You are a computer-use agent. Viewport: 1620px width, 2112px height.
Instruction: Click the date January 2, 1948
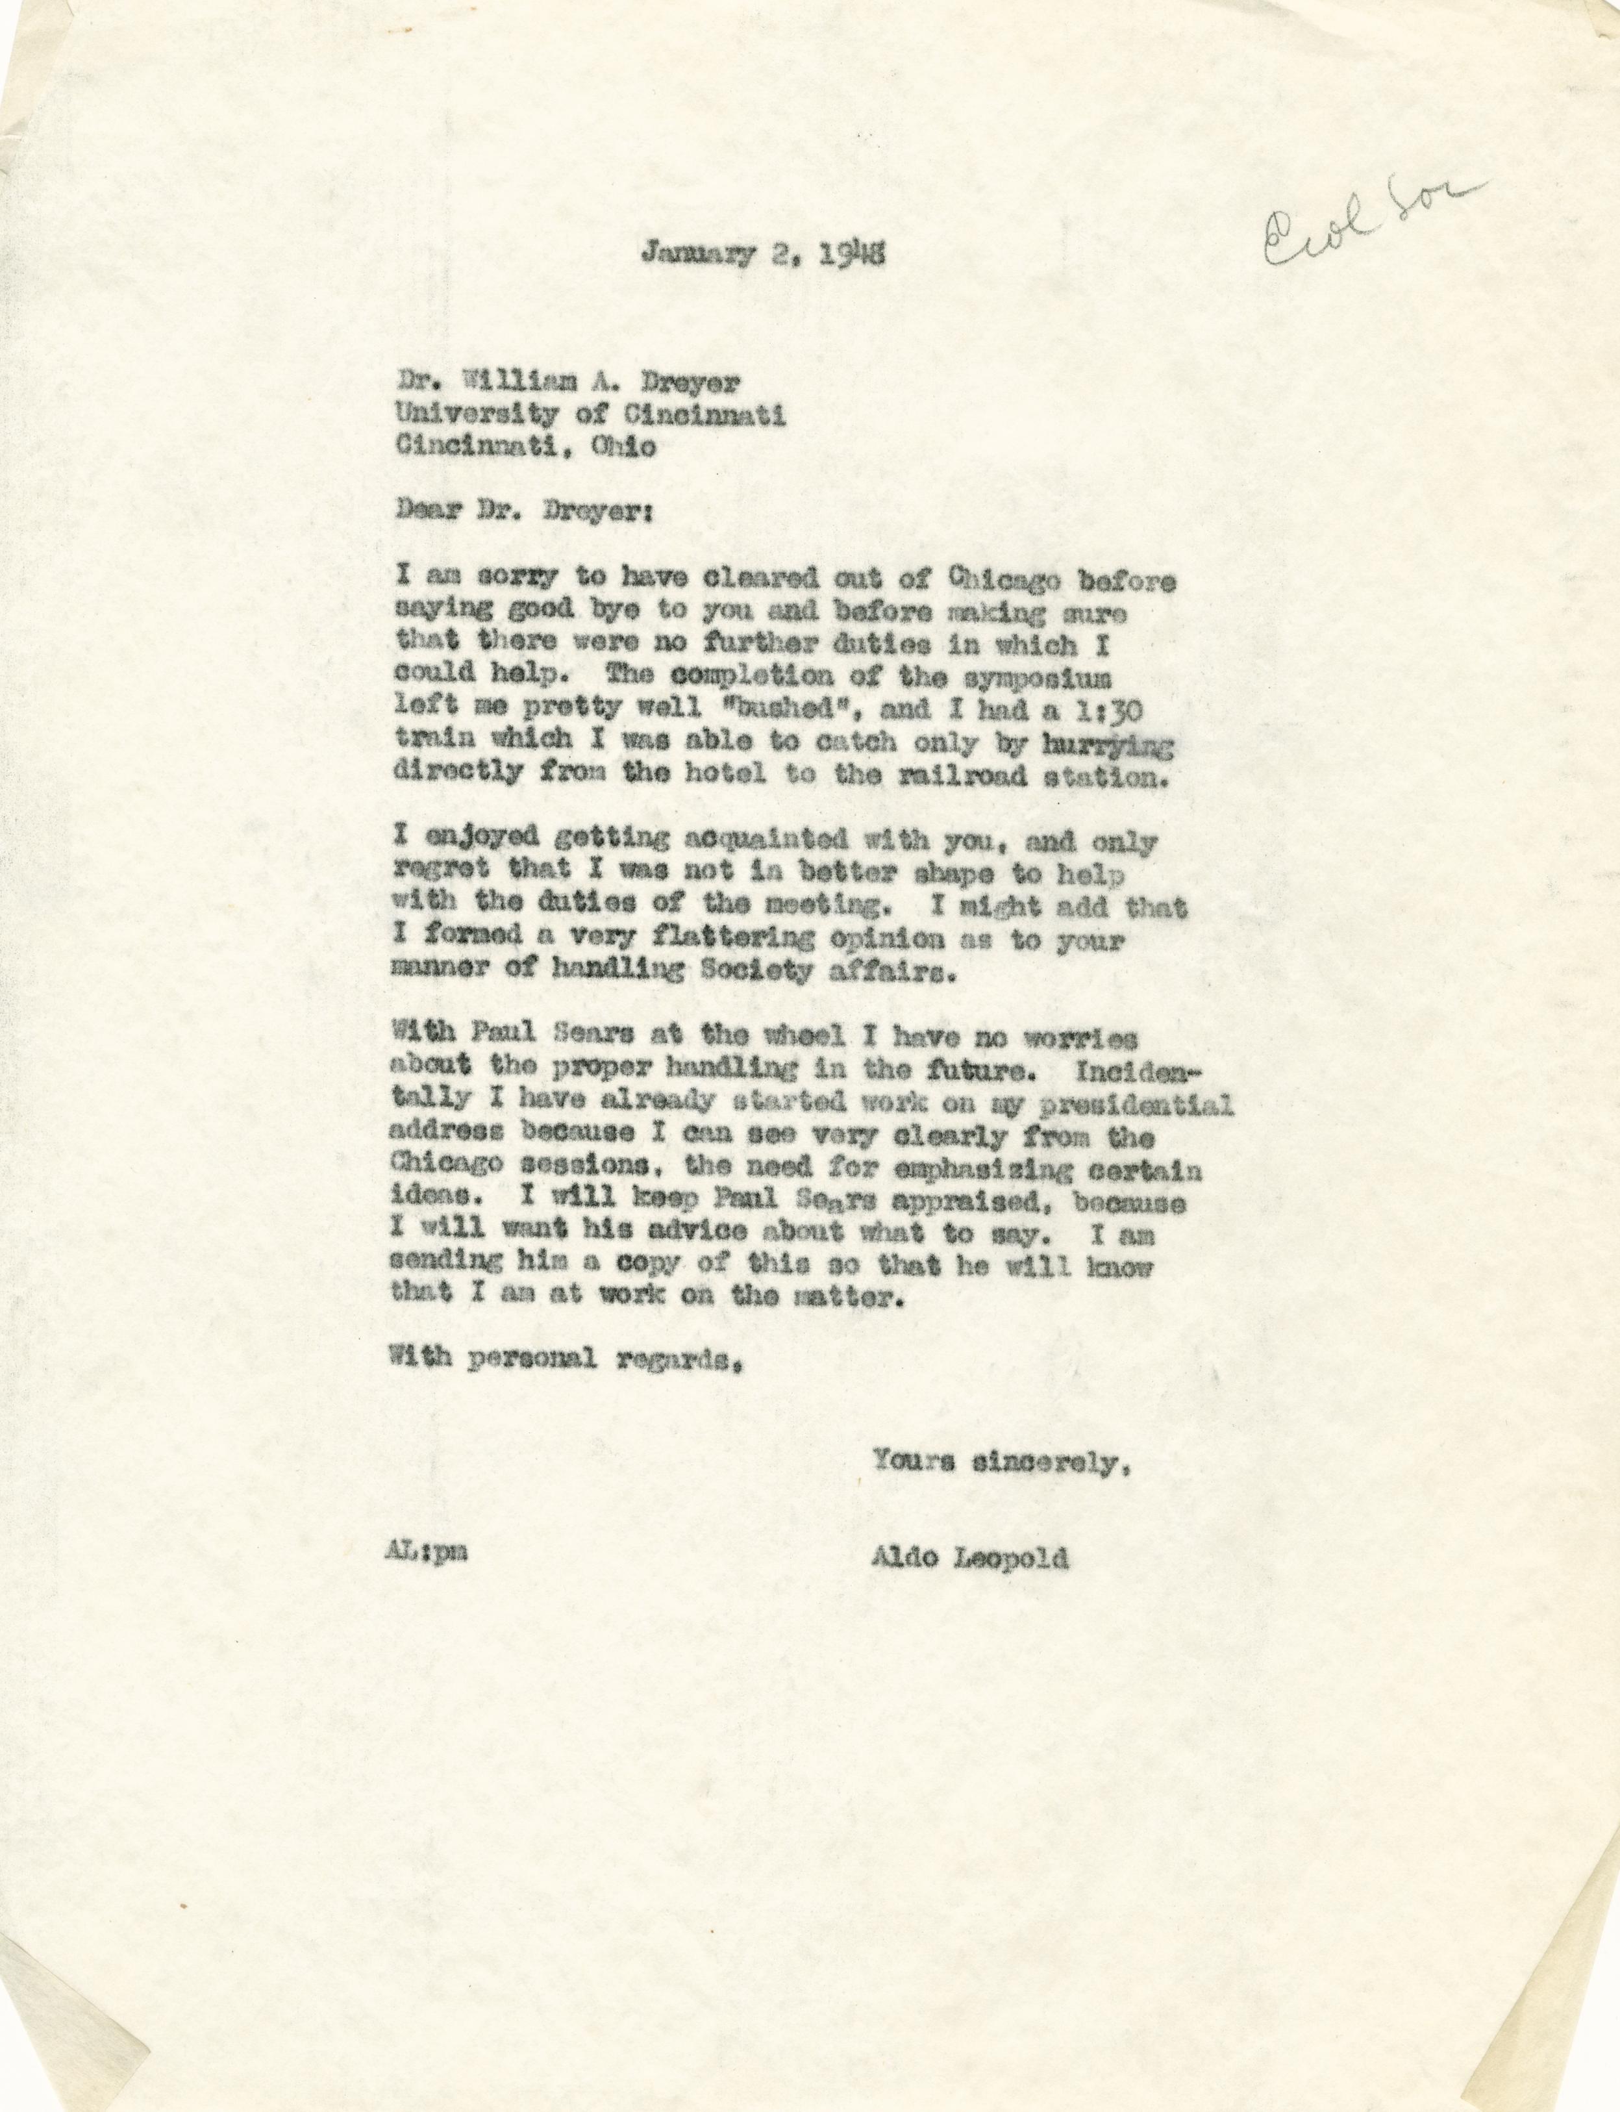(761, 255)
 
